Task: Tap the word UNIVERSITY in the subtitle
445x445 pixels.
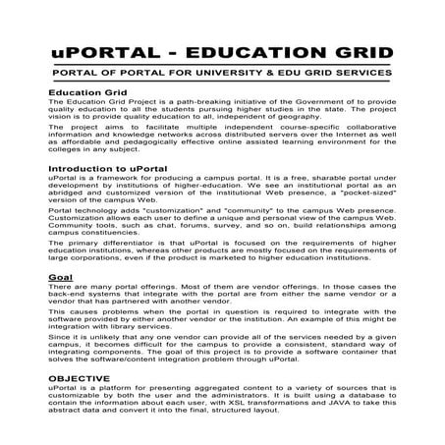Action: pyautogui.click(x=253, y=74)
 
